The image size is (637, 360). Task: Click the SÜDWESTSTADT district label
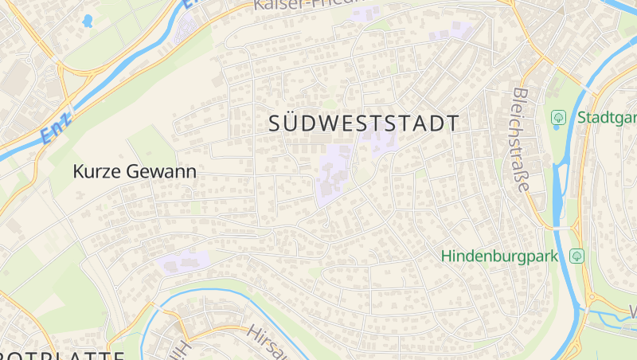point(365,123)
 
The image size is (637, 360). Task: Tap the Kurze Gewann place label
point(134,171)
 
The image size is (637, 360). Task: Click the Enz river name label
point(57,128)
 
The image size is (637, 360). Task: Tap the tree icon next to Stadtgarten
point(559,118)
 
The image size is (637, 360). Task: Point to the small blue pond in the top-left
point(88,20)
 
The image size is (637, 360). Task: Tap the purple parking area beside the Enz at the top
point(188,29)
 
